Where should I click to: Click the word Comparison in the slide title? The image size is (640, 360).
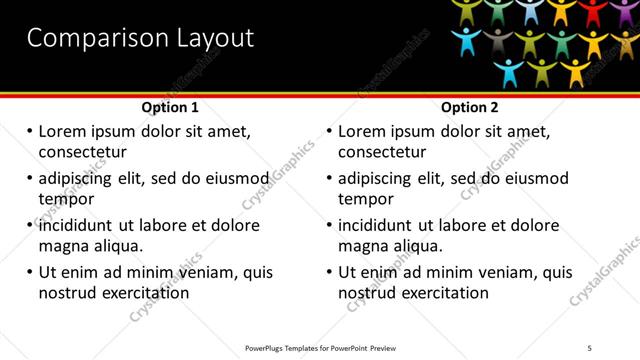coord(89,39)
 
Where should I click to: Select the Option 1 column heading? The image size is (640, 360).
coord(170,107)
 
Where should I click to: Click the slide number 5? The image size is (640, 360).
coord(589,348)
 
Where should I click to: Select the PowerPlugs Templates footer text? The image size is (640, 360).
coord(320,348)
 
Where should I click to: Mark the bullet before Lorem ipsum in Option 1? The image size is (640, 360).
coord(29,131)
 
